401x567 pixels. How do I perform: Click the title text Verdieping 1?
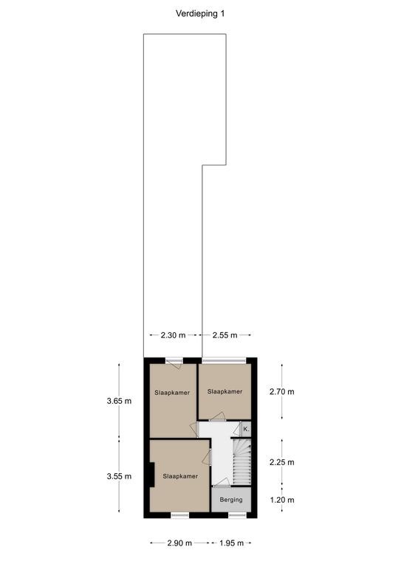[x=200, y=14]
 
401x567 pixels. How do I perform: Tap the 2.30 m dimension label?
[x=173, y=335]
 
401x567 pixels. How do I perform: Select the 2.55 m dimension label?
[x=225, y=335]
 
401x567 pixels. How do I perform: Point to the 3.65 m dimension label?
[x=119, y=401]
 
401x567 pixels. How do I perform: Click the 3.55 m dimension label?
[x=119, y=476]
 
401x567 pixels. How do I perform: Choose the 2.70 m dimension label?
[x=282, y=391]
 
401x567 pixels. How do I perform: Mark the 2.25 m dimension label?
[x=282, y=462]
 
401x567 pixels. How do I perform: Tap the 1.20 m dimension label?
[x=282, y=500]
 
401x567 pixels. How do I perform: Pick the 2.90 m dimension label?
[x=179, y=543]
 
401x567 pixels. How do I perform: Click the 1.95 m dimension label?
[x=231, y=543]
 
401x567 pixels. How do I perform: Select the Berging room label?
[x=231, y=500]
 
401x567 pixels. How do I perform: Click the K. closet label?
[x=246, y=429]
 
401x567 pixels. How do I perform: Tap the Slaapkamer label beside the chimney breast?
[x=180, y=476]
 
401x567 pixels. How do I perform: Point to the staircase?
[x=241, y=461]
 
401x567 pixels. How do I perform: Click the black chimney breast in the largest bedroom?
[x=152, y=475]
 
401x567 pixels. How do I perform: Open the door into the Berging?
[x=221, y=483]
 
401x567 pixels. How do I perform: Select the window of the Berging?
[x=237, y=515]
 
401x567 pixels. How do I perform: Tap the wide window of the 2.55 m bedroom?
[x=225, y=360]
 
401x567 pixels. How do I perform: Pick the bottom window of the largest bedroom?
[x=179, y=515]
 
